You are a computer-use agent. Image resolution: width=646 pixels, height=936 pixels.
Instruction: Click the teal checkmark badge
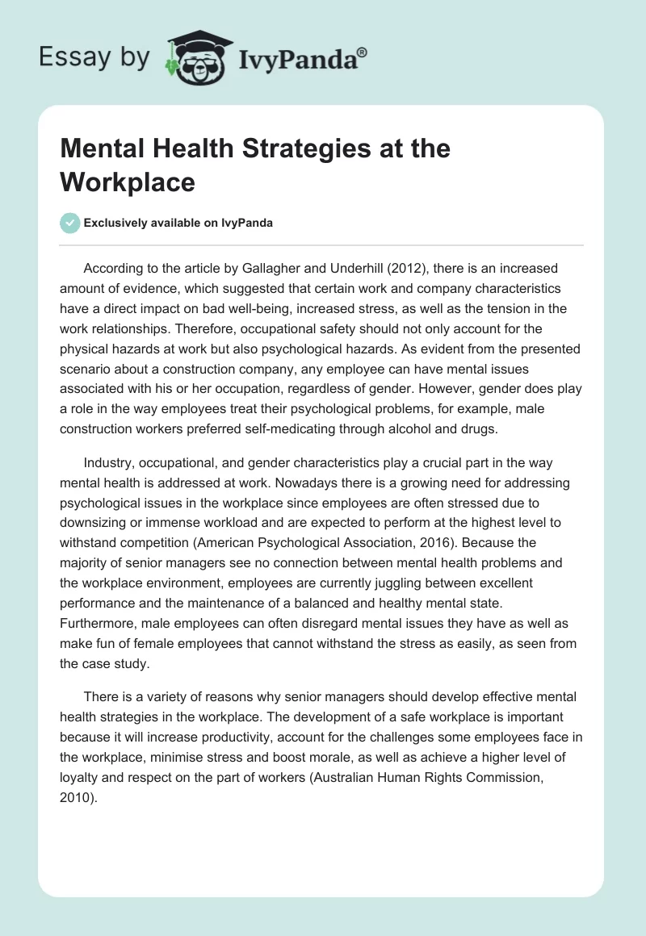pos(71,224)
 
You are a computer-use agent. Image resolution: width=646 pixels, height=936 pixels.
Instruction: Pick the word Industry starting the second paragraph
pos(109,462)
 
